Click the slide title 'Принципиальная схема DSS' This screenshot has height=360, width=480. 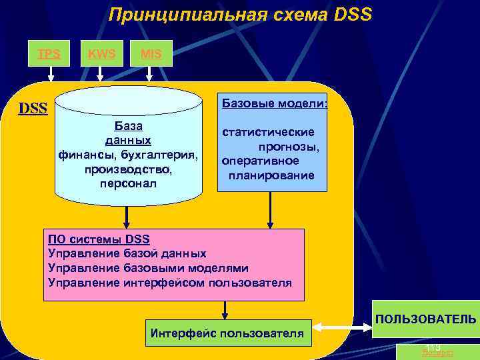(x=240, y=15)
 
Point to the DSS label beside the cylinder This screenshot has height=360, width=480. (x=33, y=107)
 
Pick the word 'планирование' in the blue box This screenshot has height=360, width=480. (x=271, y=176)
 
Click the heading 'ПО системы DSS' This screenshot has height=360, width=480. (x=99, y=239)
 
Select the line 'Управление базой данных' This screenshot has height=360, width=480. (x=127, y=253)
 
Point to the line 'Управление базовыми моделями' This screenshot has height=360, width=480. (x=149, y=268)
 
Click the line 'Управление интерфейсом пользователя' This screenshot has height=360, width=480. (x=170, y=283)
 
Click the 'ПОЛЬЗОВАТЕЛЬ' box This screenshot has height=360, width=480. (x=425, y=319)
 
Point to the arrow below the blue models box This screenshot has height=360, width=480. (x=269, y=210)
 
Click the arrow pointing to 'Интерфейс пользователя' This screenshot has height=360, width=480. (x=225, y=310)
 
